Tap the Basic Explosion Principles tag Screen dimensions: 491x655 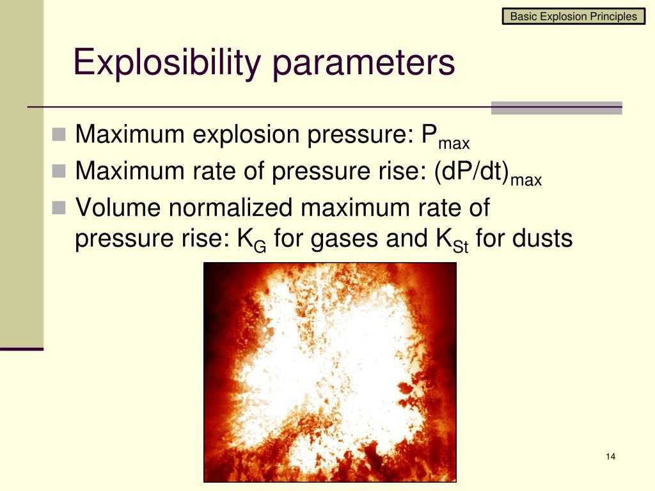(x=574, y=17)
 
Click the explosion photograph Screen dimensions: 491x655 (x=329, y=371)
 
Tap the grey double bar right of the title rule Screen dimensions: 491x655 (x=556, y=108)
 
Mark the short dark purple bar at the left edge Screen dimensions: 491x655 (x=22, y=349)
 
